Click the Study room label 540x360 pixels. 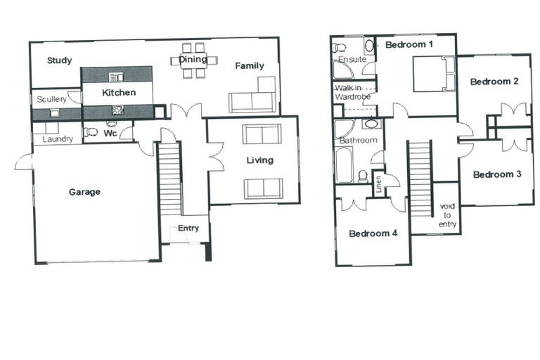pos(60,60)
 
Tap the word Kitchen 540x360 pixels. pos(118,93)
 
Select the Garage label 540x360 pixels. pos(84,191)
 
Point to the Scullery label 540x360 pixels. pos(51,100)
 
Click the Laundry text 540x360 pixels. pos(58,139)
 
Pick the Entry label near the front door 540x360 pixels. pos(188,228)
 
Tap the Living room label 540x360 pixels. pos(259,160)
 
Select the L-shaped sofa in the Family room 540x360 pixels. pos(253,98)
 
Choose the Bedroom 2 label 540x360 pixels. pos(494,82)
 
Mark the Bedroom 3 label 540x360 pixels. pos(496,174)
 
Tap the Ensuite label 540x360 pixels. pos(352,60)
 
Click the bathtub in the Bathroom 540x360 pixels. pos(345,165)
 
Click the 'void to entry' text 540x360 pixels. pos(448,215)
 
